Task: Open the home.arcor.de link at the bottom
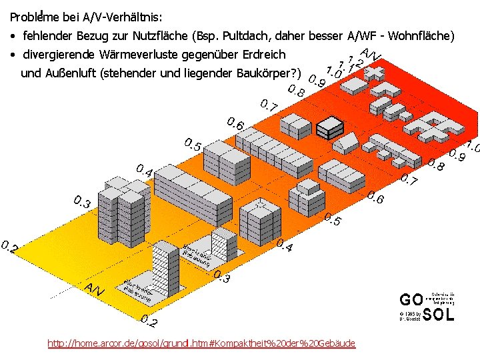[x=201, y=343]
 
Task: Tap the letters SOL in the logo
[x=439, y=315]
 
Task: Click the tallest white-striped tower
[x=166, y=267]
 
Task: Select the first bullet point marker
[x=13, y=35]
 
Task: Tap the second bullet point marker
[x=13, y=55]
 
